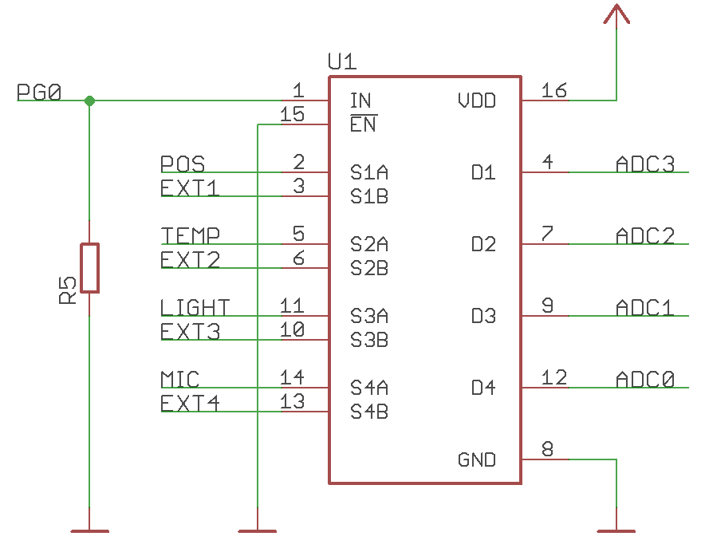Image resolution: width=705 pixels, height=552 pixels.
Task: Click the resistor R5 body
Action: (89, 268)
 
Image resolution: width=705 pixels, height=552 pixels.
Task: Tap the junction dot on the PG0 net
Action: (89, 101)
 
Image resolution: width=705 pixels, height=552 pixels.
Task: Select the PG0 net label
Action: (39, 93)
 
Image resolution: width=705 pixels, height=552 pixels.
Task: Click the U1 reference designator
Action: (342, 62)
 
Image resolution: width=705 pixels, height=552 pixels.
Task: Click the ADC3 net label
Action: (645, 164)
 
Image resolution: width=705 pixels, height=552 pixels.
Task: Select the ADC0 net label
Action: (645, 379)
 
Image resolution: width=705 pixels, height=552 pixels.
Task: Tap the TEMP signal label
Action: (191, 235)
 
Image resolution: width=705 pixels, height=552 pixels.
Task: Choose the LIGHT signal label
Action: (195, 307)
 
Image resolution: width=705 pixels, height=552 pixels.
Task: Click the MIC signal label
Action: (180, 379)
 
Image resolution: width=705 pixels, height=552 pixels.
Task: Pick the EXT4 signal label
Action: (190, 404)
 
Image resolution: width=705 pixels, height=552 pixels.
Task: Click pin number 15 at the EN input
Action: (293, 115)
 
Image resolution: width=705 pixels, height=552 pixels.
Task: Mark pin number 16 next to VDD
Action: (554, 90)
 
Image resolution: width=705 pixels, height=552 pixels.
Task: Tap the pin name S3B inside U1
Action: (369, 340)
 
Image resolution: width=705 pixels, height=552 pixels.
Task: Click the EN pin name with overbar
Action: (363, 125)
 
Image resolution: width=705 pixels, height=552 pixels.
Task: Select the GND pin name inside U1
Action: (476, 460)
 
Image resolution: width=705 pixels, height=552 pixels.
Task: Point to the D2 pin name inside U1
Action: (483, 244)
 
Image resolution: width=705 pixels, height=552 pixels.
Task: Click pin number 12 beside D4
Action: (554, 377)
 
